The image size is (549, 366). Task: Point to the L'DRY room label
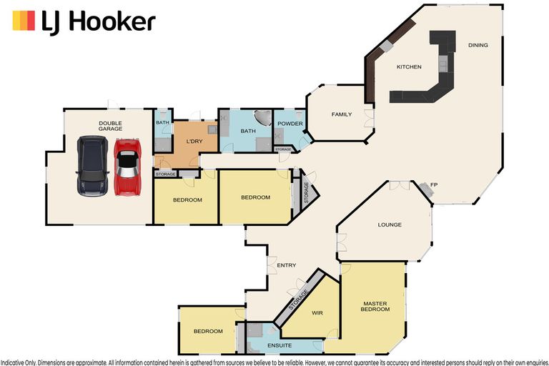[195, 142]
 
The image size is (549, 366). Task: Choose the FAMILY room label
[341, 114]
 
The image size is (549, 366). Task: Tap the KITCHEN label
[409, 67]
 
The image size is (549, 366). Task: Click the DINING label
[478, 45]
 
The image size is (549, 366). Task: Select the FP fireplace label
[434, 186]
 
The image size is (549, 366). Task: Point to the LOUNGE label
[390, 224]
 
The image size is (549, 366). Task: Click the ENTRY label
[286, 265]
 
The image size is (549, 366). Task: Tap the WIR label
[317, 313]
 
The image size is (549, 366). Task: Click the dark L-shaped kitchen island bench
[429, 86]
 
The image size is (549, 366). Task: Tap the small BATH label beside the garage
[162, 122]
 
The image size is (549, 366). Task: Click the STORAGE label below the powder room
[284, 149]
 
